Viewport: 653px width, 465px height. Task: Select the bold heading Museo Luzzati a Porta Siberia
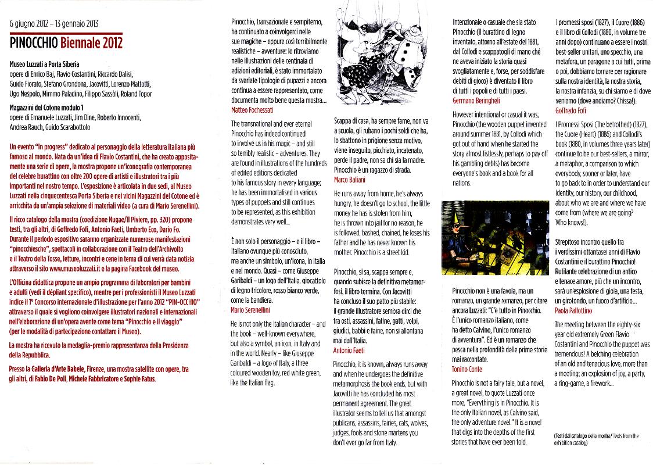[45, 64]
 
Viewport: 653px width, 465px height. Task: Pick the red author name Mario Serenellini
[254, 310]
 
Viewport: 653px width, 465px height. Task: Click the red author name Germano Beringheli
[480, 101]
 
